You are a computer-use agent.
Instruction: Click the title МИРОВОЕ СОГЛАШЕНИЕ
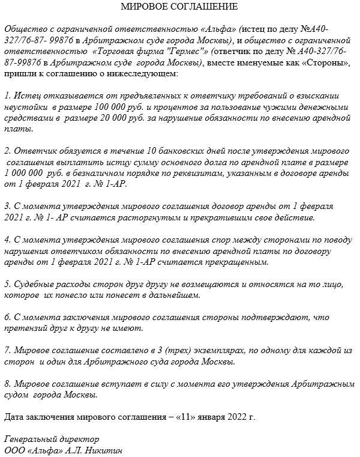(179, 7)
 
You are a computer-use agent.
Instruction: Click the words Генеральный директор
(51, 439)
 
